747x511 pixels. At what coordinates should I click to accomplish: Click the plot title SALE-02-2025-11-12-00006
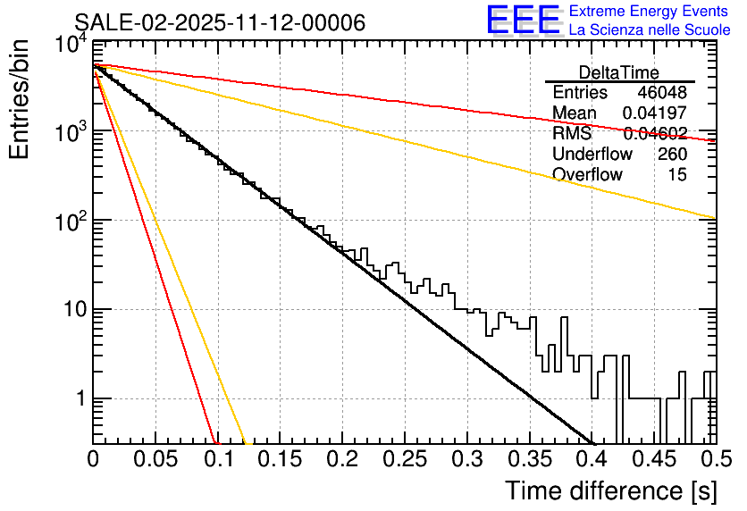point(220,22)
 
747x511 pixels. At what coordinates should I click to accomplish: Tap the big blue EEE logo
point(522,21)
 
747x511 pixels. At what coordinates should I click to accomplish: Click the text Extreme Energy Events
point(649,12)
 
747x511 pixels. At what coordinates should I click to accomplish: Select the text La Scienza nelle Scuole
point(649,29)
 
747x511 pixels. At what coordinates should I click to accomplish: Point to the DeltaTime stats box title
point(619,72)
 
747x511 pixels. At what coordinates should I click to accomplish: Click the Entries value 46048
point(662,93)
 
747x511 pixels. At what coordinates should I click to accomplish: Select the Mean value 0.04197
point(655,113)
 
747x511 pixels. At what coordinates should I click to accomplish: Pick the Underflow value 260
point(672,155)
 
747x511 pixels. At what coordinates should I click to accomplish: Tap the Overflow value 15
point(677,175)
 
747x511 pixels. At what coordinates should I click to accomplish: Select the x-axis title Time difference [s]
point(609,490)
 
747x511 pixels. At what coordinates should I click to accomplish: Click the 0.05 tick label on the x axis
point(155,460)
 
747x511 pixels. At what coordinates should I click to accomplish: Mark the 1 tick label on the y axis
point(79,399)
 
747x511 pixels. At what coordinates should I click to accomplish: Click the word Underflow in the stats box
point(592,155)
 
